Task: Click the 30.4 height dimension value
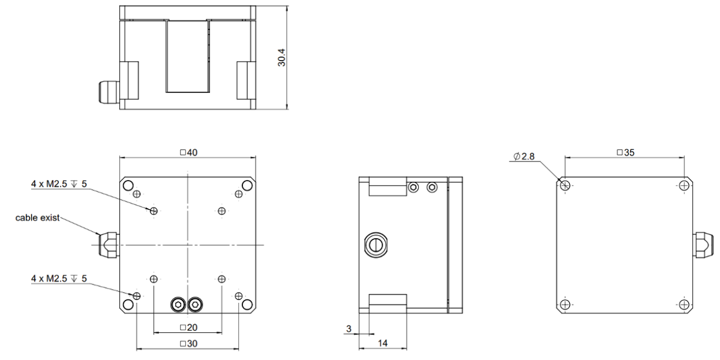[281, 58]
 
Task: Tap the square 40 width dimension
[188, 152]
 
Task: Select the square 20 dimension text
[188, 328]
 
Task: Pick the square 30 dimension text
[188, 344]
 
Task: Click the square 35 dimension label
[626, 152]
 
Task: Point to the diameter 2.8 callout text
[524, 157]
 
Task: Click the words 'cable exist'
[38, 218]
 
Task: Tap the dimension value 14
[383, 343]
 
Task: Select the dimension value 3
[349, 329]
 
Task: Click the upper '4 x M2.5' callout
[59, 184]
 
